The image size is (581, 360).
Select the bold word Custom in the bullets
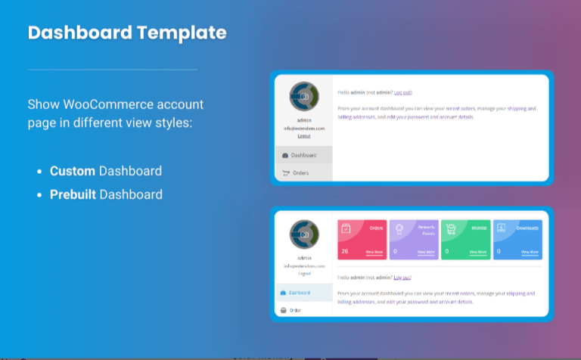(73, 171)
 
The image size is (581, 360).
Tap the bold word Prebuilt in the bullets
(73, 194)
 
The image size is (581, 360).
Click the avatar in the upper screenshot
(303, 97)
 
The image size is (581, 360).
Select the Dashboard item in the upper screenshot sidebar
(303, 155)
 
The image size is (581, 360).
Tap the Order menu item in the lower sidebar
(296, 309)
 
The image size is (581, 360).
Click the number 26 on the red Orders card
(345, 251)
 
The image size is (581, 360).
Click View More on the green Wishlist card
(478, 252)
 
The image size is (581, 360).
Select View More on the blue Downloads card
(530, 252)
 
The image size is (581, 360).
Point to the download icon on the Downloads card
(501, 228)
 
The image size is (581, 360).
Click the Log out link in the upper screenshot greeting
(402, 92)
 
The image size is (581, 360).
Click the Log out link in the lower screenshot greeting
(402, 278)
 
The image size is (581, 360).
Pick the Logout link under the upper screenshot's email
(303, 136)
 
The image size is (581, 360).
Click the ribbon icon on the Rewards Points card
(399, 228)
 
